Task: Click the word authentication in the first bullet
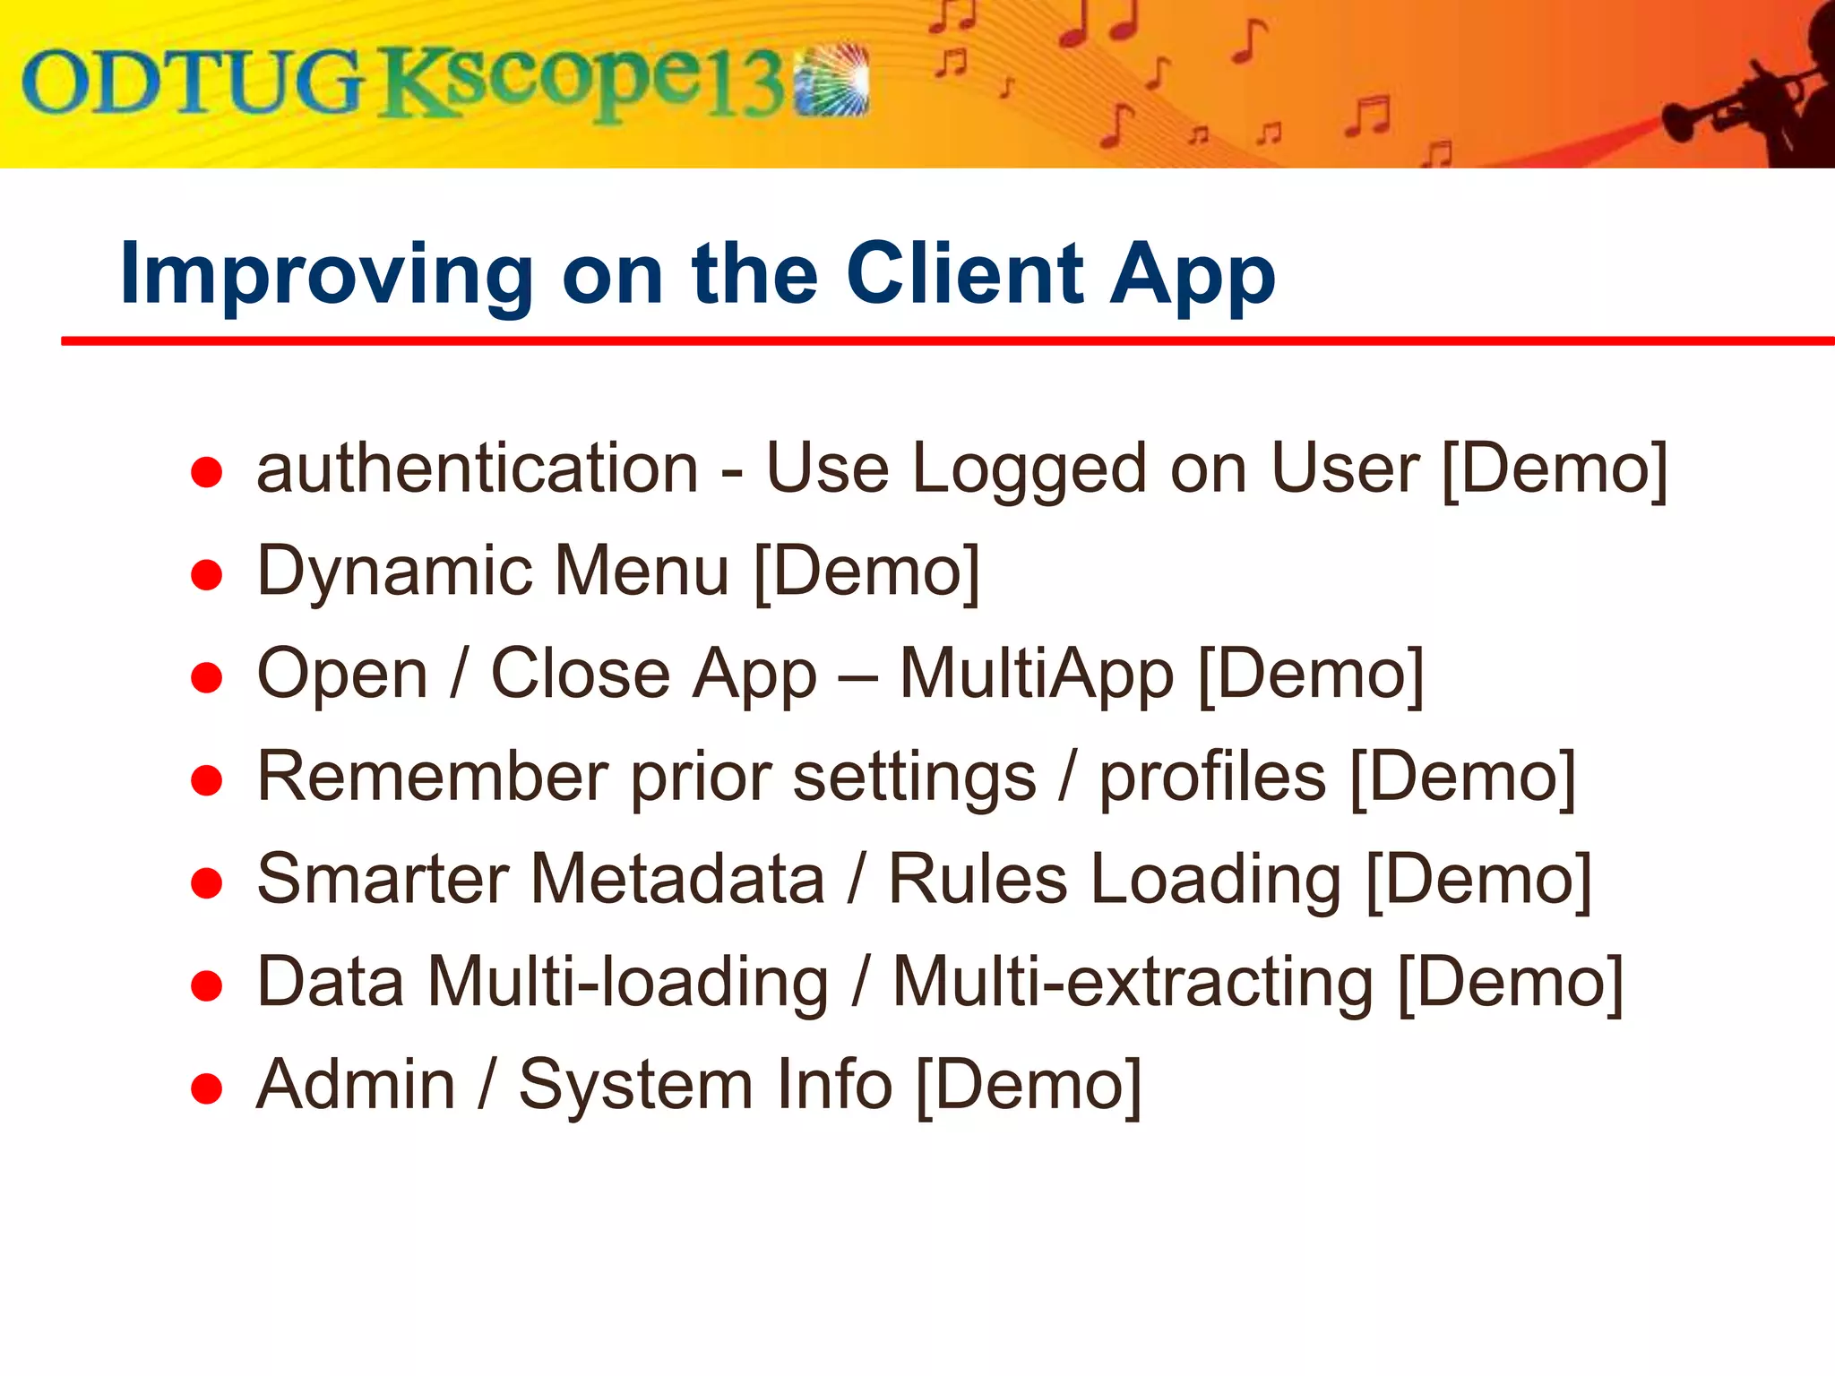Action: [477, 469]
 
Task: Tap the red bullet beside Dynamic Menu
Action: [207, 574]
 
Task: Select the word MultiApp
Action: [1037, 674]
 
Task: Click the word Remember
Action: [433, 776]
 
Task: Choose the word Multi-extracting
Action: [1133, 982]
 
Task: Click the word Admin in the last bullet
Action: [356, 1085]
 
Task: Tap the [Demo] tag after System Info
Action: [1029, 1085]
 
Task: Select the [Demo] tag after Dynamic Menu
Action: [866, 572]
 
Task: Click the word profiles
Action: [1212, 778]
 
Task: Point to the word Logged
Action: [1029, 470]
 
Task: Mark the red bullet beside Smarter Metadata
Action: [207, 883]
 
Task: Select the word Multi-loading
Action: [627, 982]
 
